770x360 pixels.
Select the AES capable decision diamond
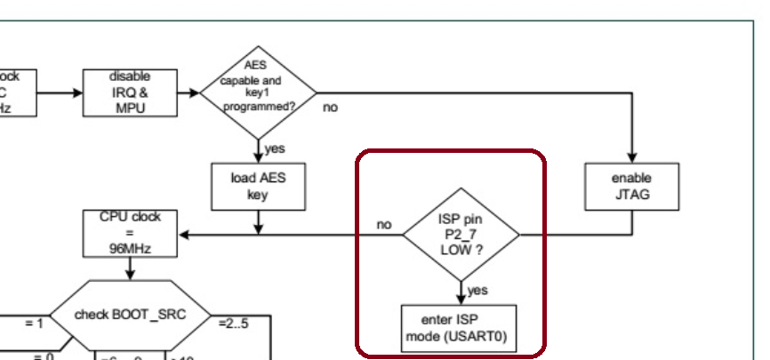258,91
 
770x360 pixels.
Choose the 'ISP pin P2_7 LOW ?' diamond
461,236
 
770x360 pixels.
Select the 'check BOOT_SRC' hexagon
130,316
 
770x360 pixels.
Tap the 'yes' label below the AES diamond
275,148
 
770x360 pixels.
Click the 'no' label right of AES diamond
330,108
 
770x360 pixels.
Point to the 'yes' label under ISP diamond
477,290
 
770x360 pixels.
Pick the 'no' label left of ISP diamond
384,225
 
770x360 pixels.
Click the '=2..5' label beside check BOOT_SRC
233,323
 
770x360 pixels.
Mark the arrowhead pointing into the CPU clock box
183,236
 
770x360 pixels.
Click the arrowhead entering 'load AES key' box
257,157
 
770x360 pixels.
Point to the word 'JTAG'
631,195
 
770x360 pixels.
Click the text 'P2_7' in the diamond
461,235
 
